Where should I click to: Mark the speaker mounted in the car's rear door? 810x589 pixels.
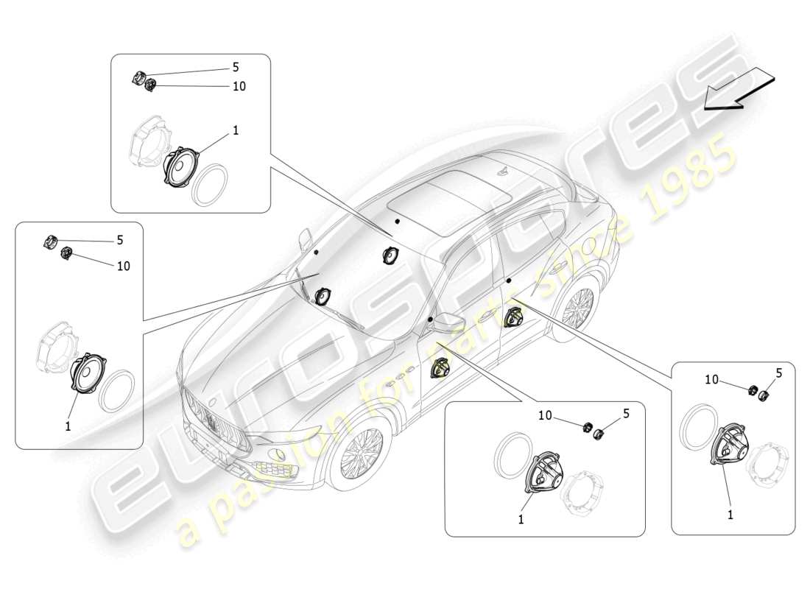[x=513, y=318]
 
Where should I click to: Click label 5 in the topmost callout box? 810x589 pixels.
[x=235, y=67]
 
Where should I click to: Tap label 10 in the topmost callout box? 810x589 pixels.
[x=239, y=86]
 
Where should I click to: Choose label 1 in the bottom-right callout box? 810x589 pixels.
[x=730, y=515]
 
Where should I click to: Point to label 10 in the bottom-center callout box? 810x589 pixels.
[x=546, y=415]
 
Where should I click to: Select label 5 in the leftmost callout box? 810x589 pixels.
[x=119, y=240]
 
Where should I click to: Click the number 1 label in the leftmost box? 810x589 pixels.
[x=68, y=426]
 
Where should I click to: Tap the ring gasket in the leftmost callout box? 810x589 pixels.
[x=116, y=390]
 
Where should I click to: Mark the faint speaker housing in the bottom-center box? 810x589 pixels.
[x=584, y=488]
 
